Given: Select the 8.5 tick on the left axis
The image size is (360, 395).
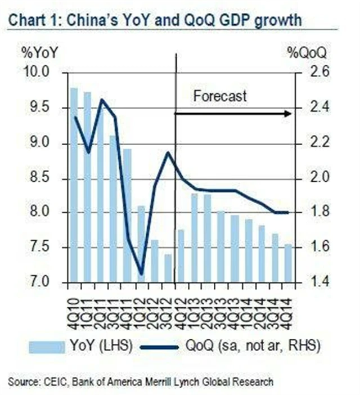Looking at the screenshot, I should coord(40,178).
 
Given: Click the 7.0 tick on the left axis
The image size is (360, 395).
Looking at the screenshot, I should coord(40,281).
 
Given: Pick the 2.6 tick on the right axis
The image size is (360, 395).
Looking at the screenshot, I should coord(312,73).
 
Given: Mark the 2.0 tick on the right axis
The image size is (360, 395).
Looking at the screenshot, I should coord(312,178).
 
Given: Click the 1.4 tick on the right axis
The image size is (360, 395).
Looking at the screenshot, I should coord(312,281).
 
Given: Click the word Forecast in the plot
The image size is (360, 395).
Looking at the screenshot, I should coord(220,96).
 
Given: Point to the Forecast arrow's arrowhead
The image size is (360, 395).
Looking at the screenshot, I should coord(288,114).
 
